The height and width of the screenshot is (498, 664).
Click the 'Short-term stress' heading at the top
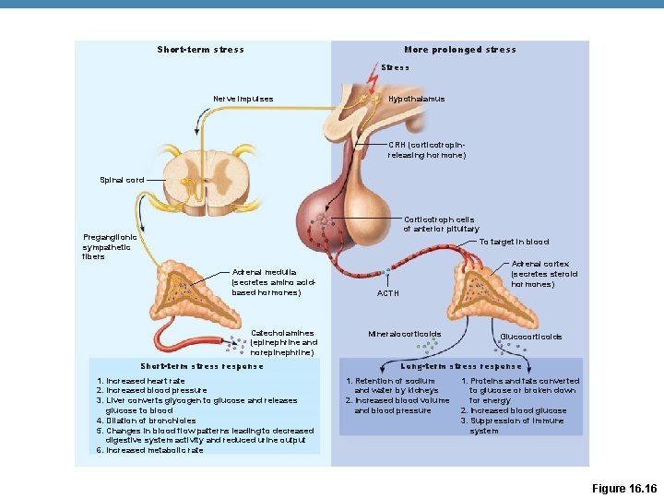(x=200, y=50)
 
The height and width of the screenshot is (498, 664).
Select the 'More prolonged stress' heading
(x=459, y=50)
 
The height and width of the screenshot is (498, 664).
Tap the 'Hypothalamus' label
(x=416, y=99)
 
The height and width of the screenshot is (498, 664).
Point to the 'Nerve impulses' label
(x=243, y=99)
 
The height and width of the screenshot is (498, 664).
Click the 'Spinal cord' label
(x=121, y=179)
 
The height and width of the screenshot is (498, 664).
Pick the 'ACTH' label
(x=389, y=293)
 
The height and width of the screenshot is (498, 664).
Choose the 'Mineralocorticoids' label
(x=404, y=334)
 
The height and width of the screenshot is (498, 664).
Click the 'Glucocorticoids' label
(x=530, y=337)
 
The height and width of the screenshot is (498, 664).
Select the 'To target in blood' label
(x=514, y=242)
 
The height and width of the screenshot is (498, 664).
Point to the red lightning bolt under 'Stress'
(x=372, y=81)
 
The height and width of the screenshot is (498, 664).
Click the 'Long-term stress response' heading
(x=461, y=366)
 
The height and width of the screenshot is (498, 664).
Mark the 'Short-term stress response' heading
(x=201, y=366)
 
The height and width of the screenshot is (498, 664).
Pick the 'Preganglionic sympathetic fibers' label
(x=110, y=246)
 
